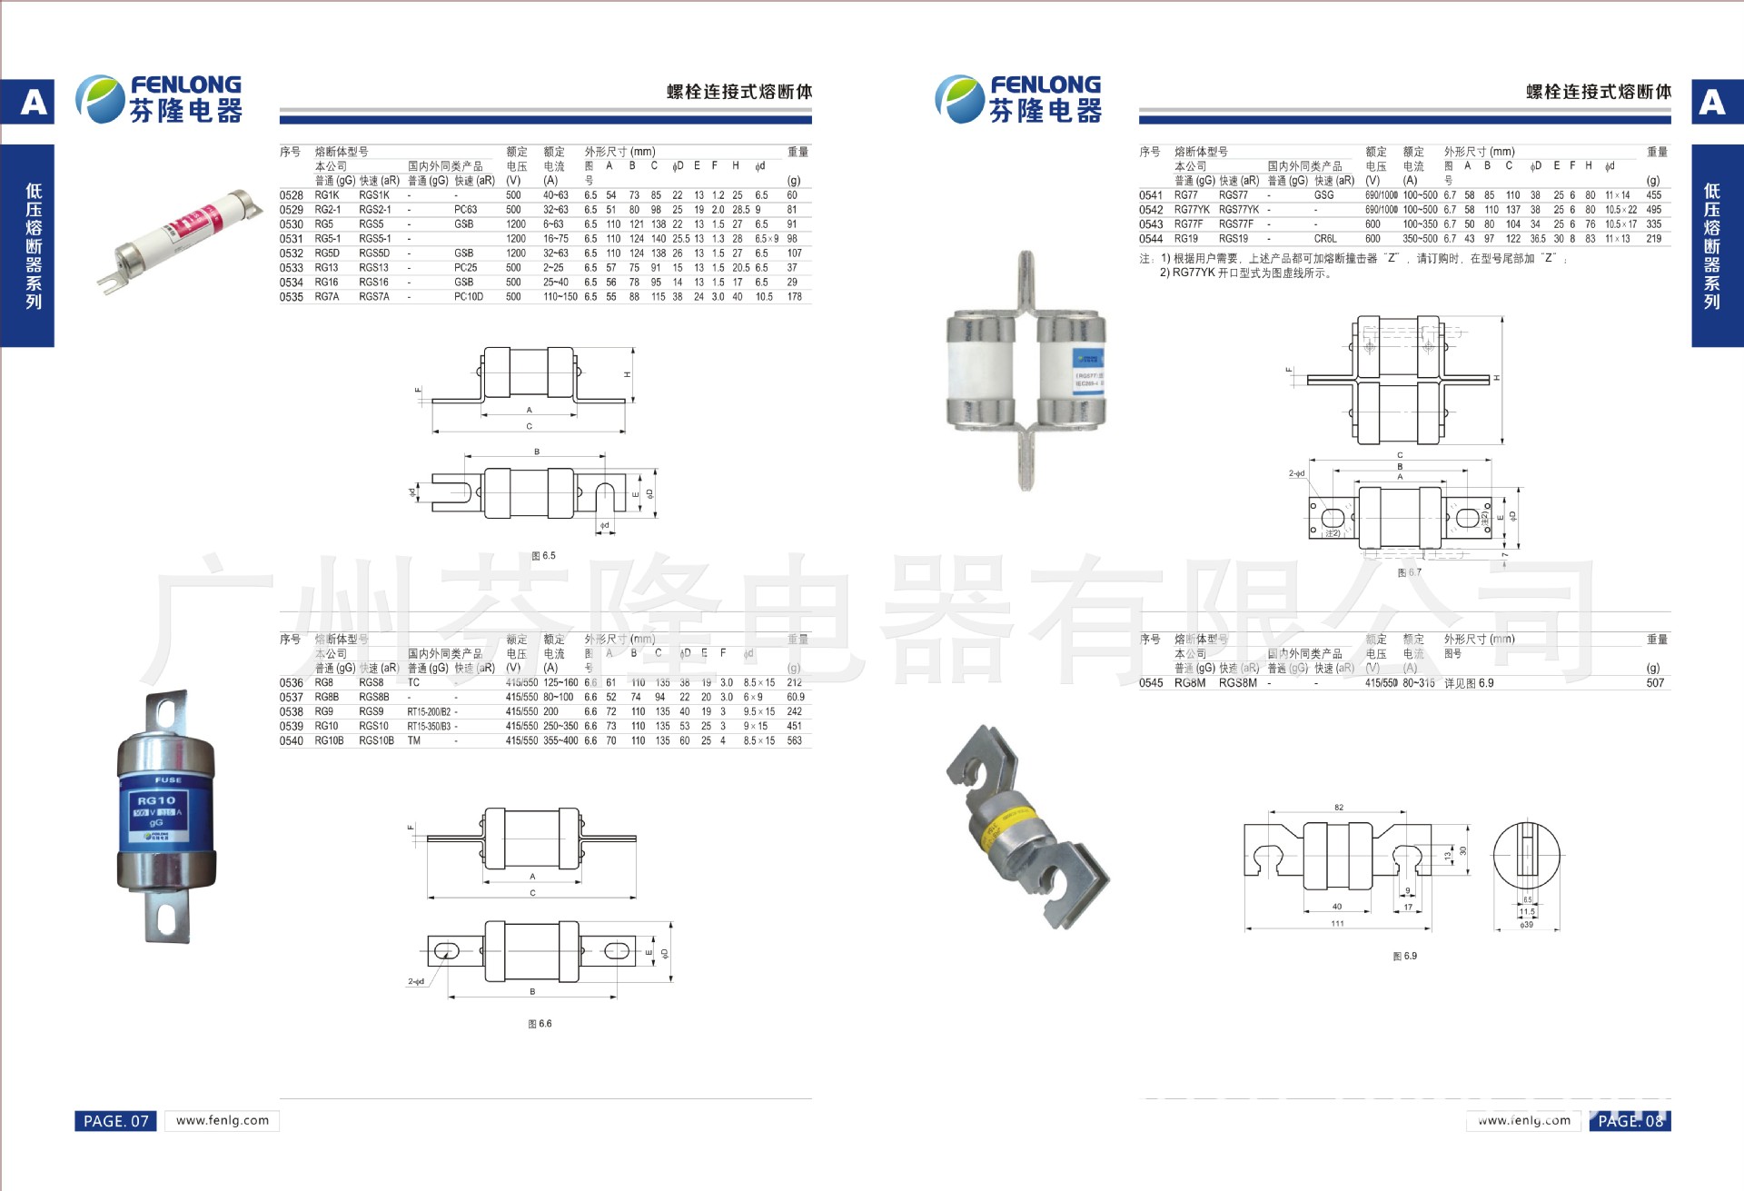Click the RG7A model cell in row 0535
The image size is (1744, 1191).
[326, 297]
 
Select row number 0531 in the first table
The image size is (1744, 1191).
[291, 239]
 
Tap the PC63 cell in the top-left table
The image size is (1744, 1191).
[465, 210]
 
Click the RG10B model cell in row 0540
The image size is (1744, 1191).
[329, 741]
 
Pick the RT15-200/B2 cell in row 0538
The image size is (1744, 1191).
[429, 712]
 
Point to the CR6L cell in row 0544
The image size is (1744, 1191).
[1324, 239]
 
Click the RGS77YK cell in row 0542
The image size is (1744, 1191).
[1238, 210]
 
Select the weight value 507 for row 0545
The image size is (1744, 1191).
[1654, 683]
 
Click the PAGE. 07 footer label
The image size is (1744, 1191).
[115, 1121]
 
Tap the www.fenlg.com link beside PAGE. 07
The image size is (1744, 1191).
[223, 1120]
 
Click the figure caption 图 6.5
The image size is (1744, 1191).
[543, 556]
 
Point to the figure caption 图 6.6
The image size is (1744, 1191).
[540, 1024]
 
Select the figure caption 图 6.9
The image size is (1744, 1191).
[1404, 956]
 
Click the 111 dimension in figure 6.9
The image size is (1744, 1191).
[1337, 923]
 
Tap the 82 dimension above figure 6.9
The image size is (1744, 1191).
[1338, 807]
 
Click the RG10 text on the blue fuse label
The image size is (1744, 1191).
[156, 800]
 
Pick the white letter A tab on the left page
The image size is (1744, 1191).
[34, 102]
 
